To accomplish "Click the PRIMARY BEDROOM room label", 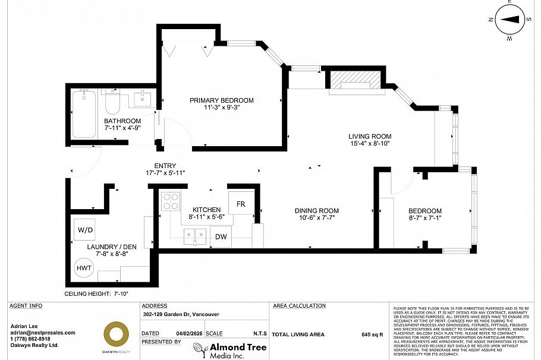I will coord(221,100).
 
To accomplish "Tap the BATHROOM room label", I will coord(122,121).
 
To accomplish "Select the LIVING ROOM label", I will coord(369,137).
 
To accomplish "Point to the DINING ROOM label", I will coord(317,211).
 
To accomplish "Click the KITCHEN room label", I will coord(206,210).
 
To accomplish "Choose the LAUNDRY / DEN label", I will coord(108,247).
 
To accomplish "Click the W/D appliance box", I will coord(83,229).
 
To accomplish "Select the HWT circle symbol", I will coord(84,268).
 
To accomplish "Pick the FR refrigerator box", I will coord(240,204).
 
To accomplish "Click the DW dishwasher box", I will coord(221,236).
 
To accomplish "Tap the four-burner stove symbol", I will coord(171,202).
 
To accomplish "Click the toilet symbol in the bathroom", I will coord(112,105).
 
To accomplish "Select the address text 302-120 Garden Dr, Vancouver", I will coord(181,315).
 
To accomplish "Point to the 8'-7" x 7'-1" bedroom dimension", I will coord(424,219).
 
